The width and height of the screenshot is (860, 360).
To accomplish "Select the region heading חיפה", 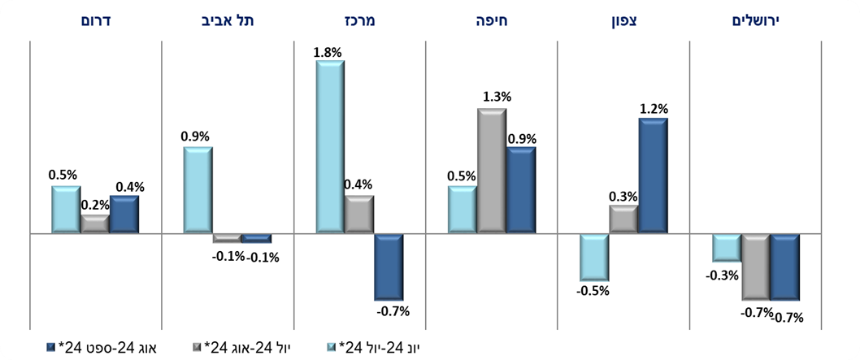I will (x=491, y=20).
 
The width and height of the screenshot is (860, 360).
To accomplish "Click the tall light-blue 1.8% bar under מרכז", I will (x=330, y=147).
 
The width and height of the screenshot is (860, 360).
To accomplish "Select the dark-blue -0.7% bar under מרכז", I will (x=389, y=267).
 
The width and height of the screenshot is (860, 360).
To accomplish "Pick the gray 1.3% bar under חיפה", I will (x=491, y=171).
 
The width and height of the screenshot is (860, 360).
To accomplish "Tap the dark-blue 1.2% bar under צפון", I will (x=653, y=176).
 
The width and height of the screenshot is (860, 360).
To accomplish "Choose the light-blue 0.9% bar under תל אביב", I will (x=198, y=190).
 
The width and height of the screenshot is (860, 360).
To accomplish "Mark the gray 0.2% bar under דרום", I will (x=95, y=224).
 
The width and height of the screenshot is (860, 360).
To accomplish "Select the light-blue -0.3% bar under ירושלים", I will (x=727, y=248).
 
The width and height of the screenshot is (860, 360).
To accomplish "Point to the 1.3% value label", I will (x=495, y=98).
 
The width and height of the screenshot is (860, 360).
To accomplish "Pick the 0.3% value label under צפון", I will (x=624, y=196).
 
